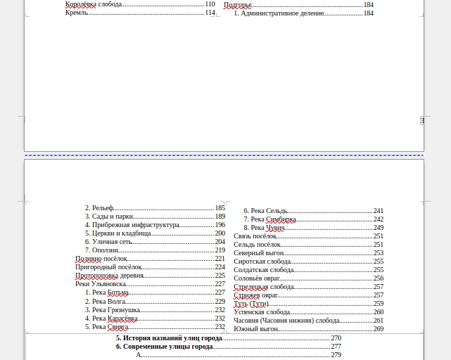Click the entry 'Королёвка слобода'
[x=94, y=4]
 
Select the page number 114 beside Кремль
[x=210, y=13]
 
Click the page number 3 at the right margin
[x=422, y=121]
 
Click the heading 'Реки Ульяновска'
[x=100, y=284]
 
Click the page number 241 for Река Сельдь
[x=379, y=211]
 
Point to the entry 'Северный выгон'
[x=259, y=253]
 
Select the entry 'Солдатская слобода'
[x=264, y=270]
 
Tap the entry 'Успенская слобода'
[x=262, y=311]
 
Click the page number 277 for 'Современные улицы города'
[x=336, y=347]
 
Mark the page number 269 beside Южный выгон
[x=379, y=328]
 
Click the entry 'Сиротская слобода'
[x=262, y=262]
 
